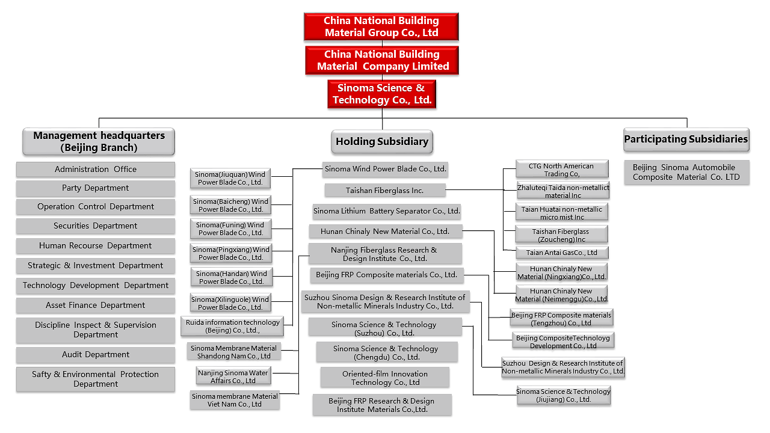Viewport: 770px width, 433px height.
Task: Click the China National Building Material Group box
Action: pyautogui.click(x=381, y=27)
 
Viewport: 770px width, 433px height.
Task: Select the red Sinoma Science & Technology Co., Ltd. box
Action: pyautogui.click(x=382, y=94)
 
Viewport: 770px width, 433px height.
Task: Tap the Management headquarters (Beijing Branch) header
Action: pyautogui.click(x=99, y=141)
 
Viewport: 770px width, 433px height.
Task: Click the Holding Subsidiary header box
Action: pyautogui.click(x=382, y=142)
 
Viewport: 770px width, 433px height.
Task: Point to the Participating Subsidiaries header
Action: pyautogui.click(x=686, y=140)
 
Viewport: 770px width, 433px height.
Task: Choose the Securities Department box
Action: pyautogui.click(x=96, y=226)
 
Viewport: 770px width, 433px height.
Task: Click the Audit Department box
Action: pyautogui.click(x=96, y=355)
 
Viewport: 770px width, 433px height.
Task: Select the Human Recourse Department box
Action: pyautogui.click(x=96, y=246)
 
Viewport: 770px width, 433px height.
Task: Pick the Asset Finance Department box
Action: pyautogui.click(x=96, y=306)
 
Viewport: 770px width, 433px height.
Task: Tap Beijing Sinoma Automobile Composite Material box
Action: pyautogui.click(x=686, y=173)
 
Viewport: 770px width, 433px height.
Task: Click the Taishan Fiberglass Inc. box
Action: pyautogui.click(x=385, y=191)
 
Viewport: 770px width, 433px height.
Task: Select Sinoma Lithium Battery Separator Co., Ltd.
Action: pyautogui.click(x=387, y=211)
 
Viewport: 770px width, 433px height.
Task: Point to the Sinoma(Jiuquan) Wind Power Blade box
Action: pyautogui.click(x=230, y=179)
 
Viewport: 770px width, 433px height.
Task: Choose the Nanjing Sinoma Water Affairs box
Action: pyautogui.click(x=233, y=376)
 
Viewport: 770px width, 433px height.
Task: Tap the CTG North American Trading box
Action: pyautogui.click(x=561, y=170)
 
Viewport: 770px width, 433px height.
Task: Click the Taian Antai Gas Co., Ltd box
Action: pyautogui.click(x=562, y=253)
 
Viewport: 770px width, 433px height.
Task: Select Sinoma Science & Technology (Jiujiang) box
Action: pyautogui.click(x=564, y=395)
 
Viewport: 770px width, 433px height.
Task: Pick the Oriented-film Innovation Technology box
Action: pyautogui.click(x=385, y=378)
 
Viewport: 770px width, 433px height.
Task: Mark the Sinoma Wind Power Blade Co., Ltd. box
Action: pyautogui.click(x=386, y=169)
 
